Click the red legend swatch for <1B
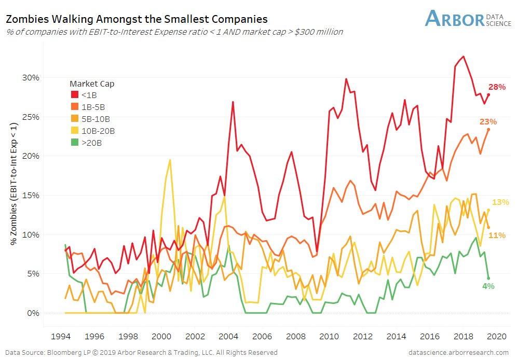tap(74, 94)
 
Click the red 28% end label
tap(497, 87)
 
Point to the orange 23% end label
tap(488, 122)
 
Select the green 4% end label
tap(488, 286)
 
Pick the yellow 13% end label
tap(500, 202)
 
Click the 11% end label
tap(497, 236)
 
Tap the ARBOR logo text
tap(454, 19)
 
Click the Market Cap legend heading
tap(92, 84)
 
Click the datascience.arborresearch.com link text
tap(459, 353)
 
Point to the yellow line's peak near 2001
tap(170, 160)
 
